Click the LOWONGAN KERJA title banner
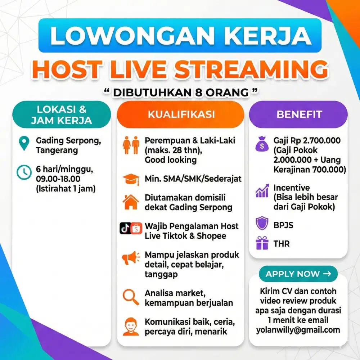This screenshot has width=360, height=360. [180, 35]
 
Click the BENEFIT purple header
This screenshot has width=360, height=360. [299, 114]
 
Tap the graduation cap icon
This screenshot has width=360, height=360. [131, 179]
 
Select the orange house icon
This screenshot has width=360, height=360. [131, 202]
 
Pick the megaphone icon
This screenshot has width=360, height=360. [130, 258]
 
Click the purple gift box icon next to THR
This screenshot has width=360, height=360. [262, 243]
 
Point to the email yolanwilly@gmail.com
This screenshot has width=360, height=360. [298, 330]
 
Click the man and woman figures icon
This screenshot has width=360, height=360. [131, 144]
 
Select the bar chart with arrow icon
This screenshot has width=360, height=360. [262, 192]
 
